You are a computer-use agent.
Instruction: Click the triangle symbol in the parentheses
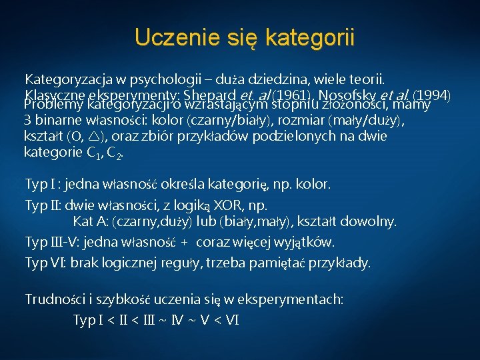93,137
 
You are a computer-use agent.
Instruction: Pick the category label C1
95,153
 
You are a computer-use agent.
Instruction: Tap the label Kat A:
93,221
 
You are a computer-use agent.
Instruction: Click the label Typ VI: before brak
45,263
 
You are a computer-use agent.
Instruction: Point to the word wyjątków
310,241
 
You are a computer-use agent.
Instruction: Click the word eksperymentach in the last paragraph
298,300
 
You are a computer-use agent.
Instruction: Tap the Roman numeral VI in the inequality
231,320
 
